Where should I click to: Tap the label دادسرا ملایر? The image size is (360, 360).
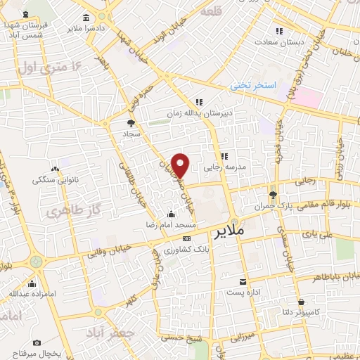tap(84, 29)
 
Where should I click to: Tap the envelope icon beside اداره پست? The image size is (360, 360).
tap(243, 280)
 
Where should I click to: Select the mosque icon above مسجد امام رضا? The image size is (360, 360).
tap(170, 214)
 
